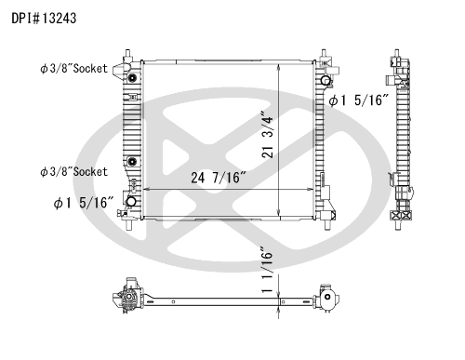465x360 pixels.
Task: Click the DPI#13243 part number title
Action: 44,19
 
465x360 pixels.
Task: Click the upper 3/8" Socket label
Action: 73,69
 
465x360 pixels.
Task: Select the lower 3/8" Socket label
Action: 73,171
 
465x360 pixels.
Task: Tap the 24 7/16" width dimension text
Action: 218,178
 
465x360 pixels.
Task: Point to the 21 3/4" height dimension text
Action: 268,134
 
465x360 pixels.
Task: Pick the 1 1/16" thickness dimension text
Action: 267,270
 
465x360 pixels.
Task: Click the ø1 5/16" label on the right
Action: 358,100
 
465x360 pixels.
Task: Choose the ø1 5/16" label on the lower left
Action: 84,203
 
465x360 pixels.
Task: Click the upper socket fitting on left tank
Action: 132,78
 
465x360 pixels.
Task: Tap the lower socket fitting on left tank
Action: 132,161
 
